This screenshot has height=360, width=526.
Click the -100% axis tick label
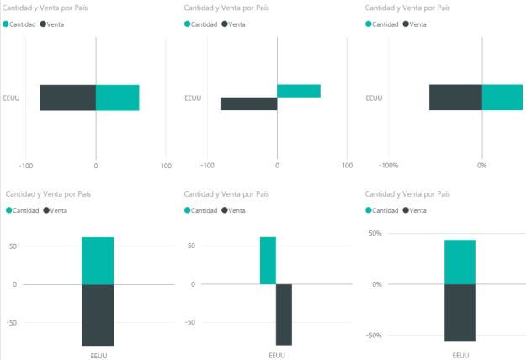(x=389, y=166)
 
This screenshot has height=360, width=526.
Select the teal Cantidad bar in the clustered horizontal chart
(x=298, y=91)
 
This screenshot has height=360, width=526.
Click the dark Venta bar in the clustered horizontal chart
(x=249, y=104)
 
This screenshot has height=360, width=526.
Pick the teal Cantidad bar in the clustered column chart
(x=268, y=261)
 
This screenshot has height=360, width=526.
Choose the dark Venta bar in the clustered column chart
(x=284, y=315)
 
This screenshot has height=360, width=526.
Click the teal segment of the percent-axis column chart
(x=460, y=262)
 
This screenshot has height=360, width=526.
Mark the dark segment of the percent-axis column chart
(x=460, y=313)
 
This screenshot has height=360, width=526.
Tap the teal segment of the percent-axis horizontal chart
(x=502, y=98)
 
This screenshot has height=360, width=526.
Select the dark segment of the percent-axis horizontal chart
(x=455, y=98)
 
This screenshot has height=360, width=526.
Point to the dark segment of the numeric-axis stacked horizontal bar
(x=67, y=98)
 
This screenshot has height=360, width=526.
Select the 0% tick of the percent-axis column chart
(x=375, y=284)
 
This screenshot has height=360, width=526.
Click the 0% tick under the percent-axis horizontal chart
(x=482, y=166)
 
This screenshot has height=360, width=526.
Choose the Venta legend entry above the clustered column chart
(x=240, y=209)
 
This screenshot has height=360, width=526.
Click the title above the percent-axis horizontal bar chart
(x=407, y=8)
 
